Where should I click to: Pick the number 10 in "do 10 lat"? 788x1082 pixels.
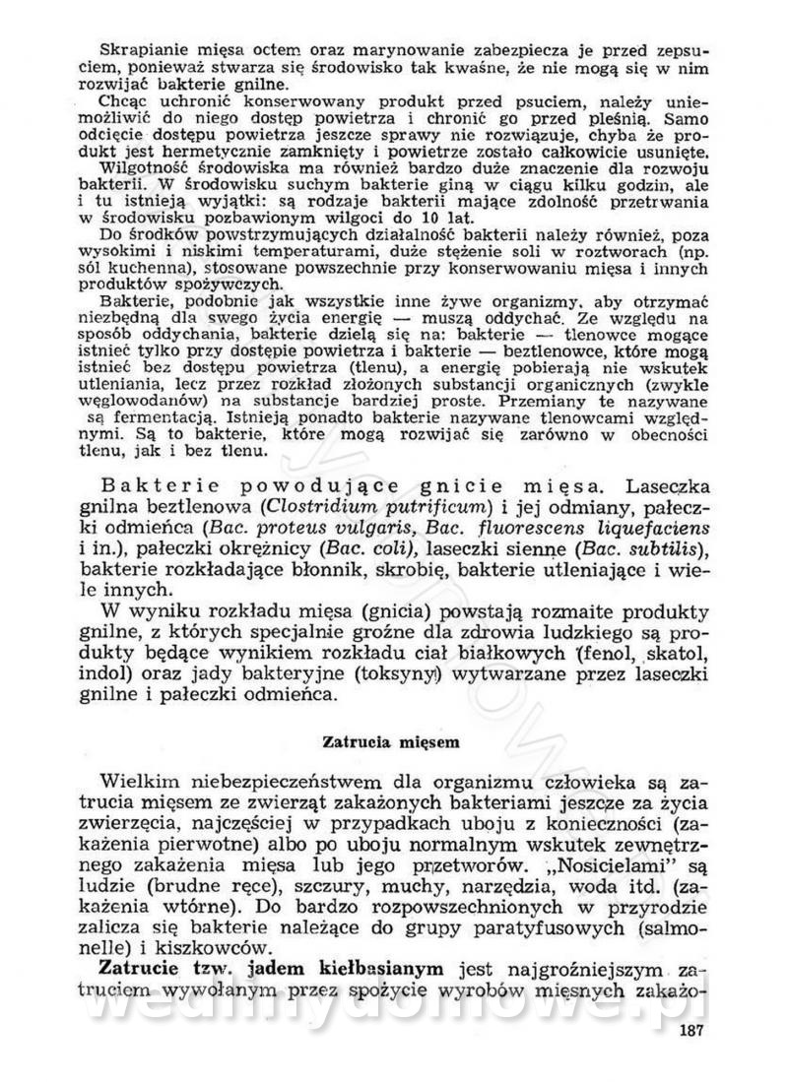(x=377, y=217)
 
